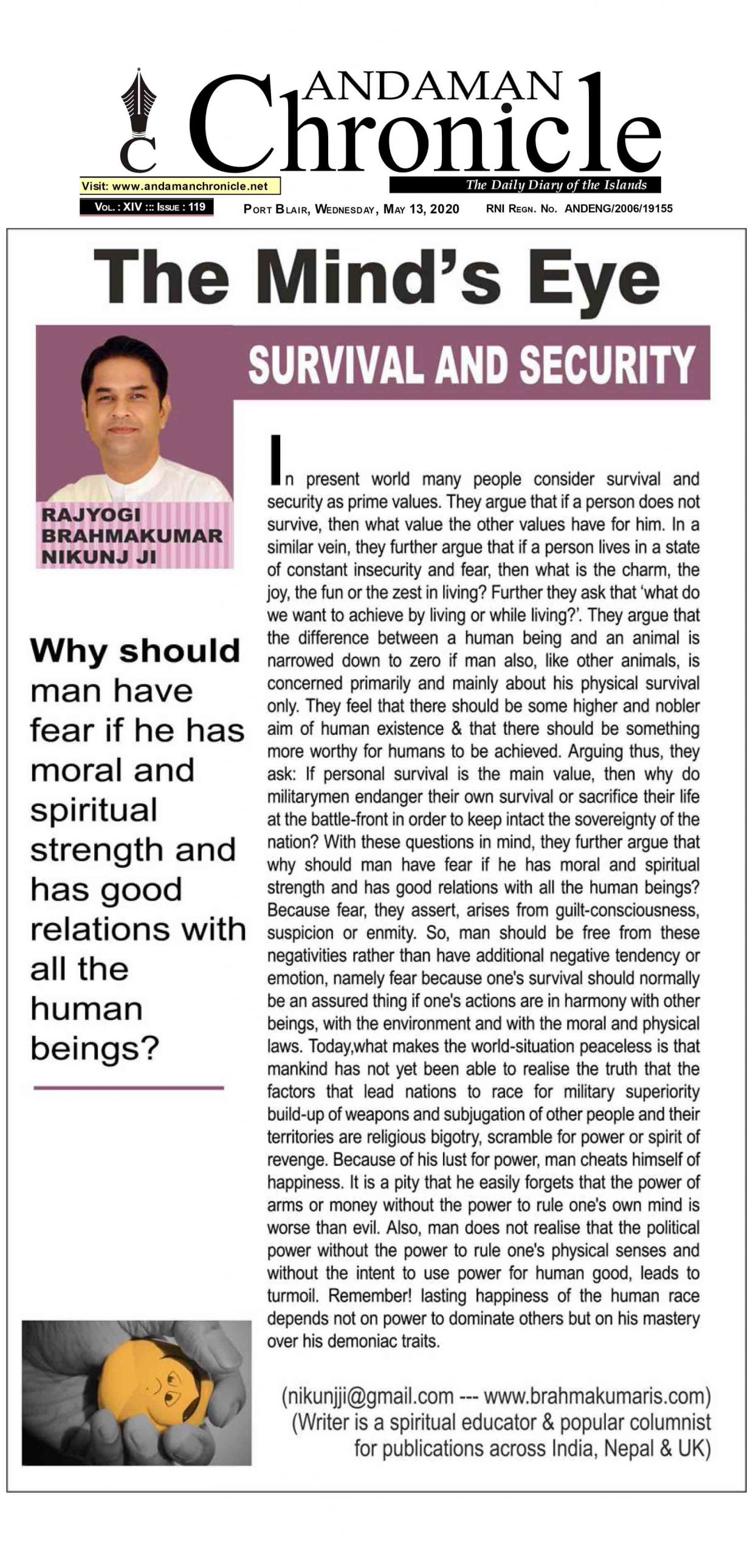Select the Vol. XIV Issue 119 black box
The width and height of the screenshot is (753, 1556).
coord(146,207)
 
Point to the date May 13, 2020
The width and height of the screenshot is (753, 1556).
coord(421,209)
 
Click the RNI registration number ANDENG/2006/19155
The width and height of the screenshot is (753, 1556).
coord(618,208)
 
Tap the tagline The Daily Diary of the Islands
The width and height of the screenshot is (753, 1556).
coord(555,185)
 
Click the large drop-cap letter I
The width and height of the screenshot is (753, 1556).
coord(277,460)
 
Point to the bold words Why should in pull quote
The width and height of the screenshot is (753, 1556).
coord(135,651)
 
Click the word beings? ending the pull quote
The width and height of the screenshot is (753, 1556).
coord(94,1048)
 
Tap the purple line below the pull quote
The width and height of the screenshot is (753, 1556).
coord(129,1088)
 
